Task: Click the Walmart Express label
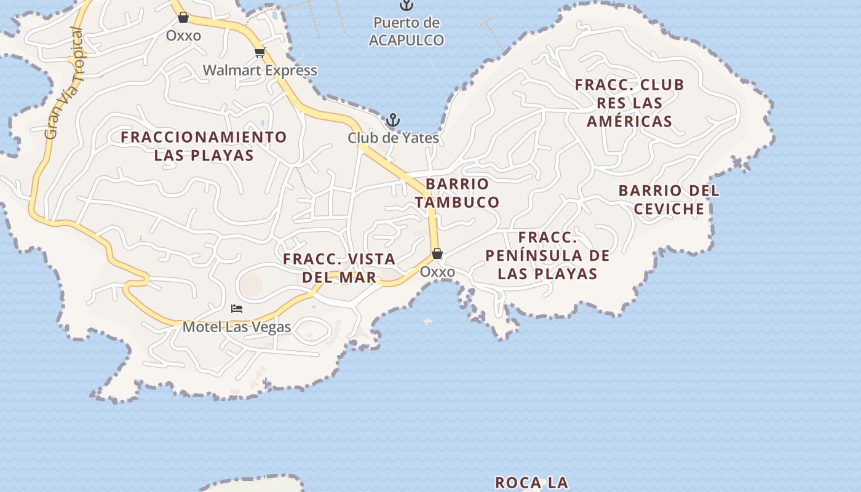(260, 70)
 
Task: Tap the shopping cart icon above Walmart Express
(260, 52)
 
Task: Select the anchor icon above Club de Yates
(392, 120)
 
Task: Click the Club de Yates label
(394, 138)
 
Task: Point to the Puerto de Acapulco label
(407, 31)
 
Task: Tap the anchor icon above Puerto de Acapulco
(406, 5)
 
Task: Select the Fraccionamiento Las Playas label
(204, 146)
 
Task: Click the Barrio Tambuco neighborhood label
(457, 192)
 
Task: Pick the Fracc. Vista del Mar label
(339, 268)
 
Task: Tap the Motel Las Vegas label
(237, 327)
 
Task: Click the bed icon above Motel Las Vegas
(237, 308)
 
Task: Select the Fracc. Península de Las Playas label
(547, 255)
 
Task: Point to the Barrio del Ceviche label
(669, 200)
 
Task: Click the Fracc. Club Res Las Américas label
(629, 103)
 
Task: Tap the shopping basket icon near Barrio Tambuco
(437, 253)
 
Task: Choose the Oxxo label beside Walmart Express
(183, 36)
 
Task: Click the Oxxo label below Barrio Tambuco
(437, 272)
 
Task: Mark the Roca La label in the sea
(531, 483)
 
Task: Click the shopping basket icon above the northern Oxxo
(183, 17)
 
